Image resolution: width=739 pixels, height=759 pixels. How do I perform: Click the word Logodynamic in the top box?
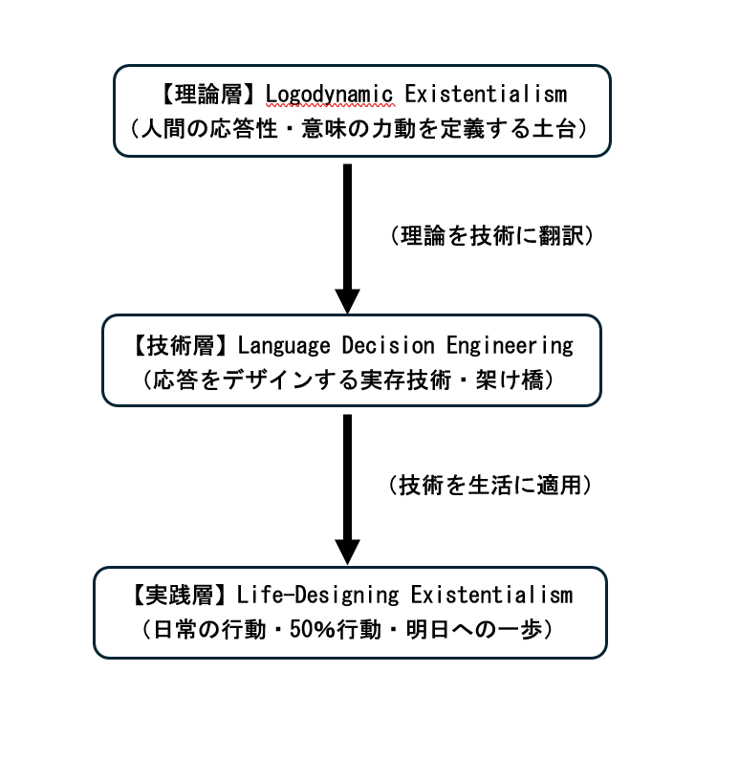[x=330, y=95]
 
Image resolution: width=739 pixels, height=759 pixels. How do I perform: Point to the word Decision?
[x=375, y=345]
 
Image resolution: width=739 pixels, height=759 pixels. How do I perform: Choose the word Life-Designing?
[x=317, y=596]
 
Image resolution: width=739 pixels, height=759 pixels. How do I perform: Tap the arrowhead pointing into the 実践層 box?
[x=347, y=551]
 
